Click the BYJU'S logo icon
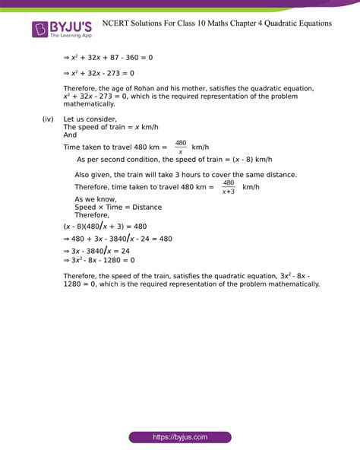(40, 30)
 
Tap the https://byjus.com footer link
(179, 438)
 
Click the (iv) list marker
(50, 120)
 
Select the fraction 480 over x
(180, 147)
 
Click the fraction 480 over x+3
(228, 187)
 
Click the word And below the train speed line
(70, 136)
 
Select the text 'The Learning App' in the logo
(71, 36)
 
